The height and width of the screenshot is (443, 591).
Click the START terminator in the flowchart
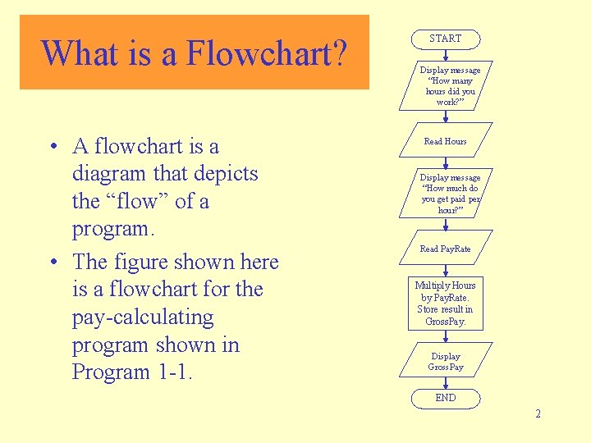445,39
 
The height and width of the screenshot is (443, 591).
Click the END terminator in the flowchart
445,398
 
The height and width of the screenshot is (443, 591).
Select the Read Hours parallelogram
445,141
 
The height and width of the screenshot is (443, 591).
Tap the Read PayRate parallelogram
445,249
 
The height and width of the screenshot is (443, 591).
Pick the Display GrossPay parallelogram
446,362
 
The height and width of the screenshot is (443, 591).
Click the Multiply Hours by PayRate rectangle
445,303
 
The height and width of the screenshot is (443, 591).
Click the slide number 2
538,413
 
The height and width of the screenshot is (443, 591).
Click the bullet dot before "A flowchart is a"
52,147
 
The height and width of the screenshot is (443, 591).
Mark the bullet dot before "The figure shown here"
52,263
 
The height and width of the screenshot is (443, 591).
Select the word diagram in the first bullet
112,174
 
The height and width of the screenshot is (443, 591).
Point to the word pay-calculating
143,317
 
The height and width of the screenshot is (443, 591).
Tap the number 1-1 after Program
173,372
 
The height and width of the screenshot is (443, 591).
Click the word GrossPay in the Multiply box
445,321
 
